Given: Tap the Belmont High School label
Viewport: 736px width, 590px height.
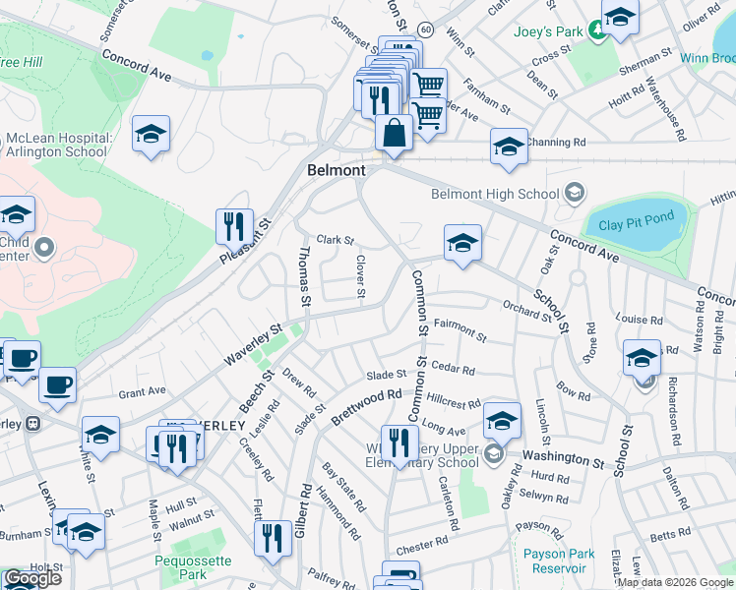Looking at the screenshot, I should pyautogui.click(x=494, y=193).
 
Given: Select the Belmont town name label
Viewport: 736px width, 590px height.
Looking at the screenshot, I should pyautogui.click(x=337, y=170).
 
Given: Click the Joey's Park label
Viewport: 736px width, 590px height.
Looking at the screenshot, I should pyautogui.click(x=548, y=31).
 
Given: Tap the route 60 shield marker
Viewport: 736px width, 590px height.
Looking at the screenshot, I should pyautogui.click(x=424, y=30).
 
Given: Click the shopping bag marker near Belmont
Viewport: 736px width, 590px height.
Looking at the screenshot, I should pyautogui.click(x=394, y=133).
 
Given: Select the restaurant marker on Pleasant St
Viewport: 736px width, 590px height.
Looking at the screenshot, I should pyautogui.click(x=234, y=226).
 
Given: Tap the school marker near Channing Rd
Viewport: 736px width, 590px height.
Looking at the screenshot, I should pyautogui.click(x=508, y=147).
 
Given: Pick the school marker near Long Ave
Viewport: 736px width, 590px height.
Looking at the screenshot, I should pyautogui.click(x=502, y=422).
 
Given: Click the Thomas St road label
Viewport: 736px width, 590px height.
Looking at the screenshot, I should pyautogui.click(x=304, y=276).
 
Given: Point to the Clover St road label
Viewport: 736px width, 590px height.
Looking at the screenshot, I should pyautogui.click(x=360, y=278).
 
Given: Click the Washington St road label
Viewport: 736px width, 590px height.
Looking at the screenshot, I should pyautogui.click(x=562, y=457).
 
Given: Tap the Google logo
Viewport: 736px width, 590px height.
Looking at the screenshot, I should pyautogui.click(x=32, y=579).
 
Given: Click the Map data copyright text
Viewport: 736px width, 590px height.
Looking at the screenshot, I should pyautogui.click(x=675, y=582).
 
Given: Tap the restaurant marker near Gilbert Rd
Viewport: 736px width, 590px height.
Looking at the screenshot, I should pyautogui.click(x=272, y=537).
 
